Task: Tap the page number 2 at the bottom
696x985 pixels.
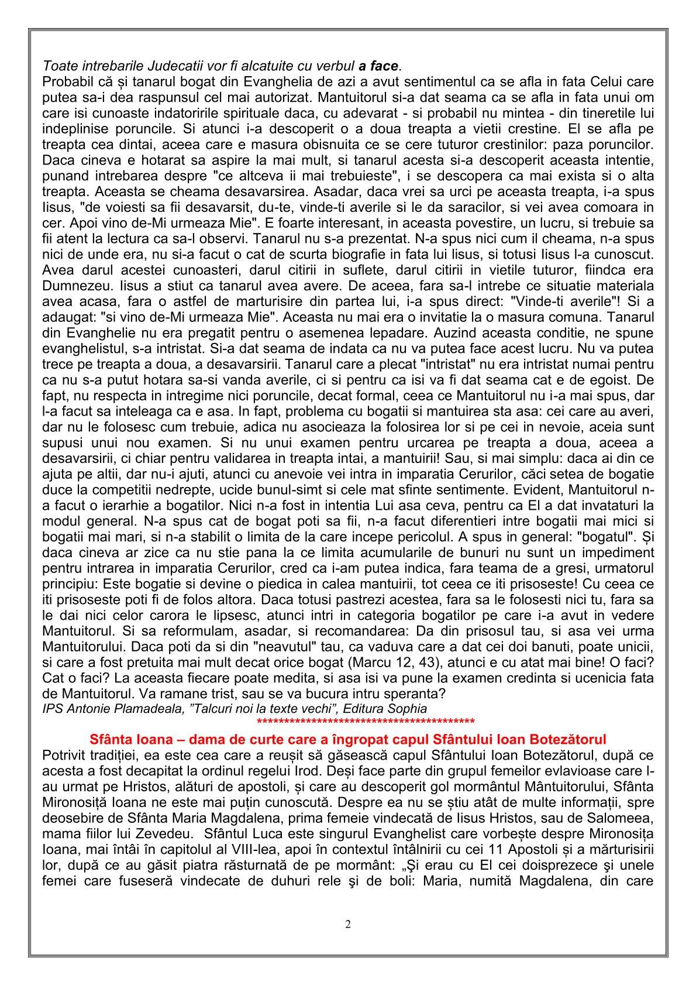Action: [x=348, y=925]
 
